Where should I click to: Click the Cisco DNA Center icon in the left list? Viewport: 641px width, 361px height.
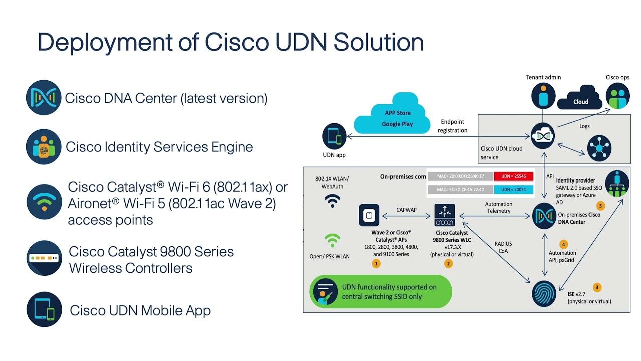[x=44, y=98]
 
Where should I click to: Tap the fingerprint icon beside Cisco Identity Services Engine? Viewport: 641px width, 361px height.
[x=44, y=147]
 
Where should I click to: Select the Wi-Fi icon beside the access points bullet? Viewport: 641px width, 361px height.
[x=44, y=202]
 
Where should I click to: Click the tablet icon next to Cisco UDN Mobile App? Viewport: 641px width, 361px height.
[x=44, y=309]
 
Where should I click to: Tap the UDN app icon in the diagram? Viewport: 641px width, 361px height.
[x=334, y=137]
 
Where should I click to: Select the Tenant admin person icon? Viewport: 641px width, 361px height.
[x=543, y=95]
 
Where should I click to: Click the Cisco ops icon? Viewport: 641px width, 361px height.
[x=617, y=95]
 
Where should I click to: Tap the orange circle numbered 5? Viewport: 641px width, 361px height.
[x=601, y=206]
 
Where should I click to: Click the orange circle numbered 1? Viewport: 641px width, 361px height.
[x=376, y=263]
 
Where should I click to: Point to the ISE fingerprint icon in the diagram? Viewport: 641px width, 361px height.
[x=544, y=293]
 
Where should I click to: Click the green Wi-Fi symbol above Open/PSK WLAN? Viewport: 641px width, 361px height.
[x=332, y=241]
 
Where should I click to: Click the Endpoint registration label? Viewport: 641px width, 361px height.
[x=452, y=126]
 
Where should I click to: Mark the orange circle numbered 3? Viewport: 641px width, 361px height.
[x=596, y=287]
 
